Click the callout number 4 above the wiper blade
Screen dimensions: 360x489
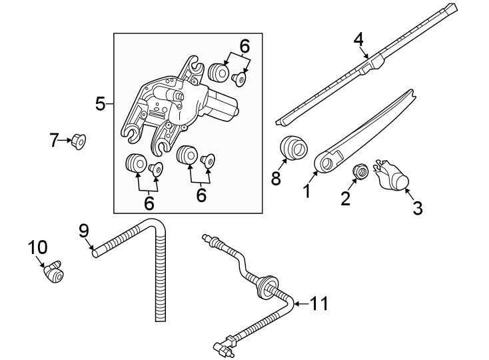(359, 39)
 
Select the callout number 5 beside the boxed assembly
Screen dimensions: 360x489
(101, 104)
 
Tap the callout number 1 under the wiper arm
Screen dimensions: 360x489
(306, 192)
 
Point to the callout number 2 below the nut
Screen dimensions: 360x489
(345, 198)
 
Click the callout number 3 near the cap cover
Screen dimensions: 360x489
(417, 208)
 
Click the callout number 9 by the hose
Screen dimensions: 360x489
(84, 231)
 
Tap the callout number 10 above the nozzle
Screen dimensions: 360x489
(37, 247)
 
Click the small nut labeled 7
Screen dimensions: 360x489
(79, 141)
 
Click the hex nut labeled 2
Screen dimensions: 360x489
(360, 171)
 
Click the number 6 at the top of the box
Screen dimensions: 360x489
(244, 46)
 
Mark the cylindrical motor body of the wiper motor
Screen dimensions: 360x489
(223, 107)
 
